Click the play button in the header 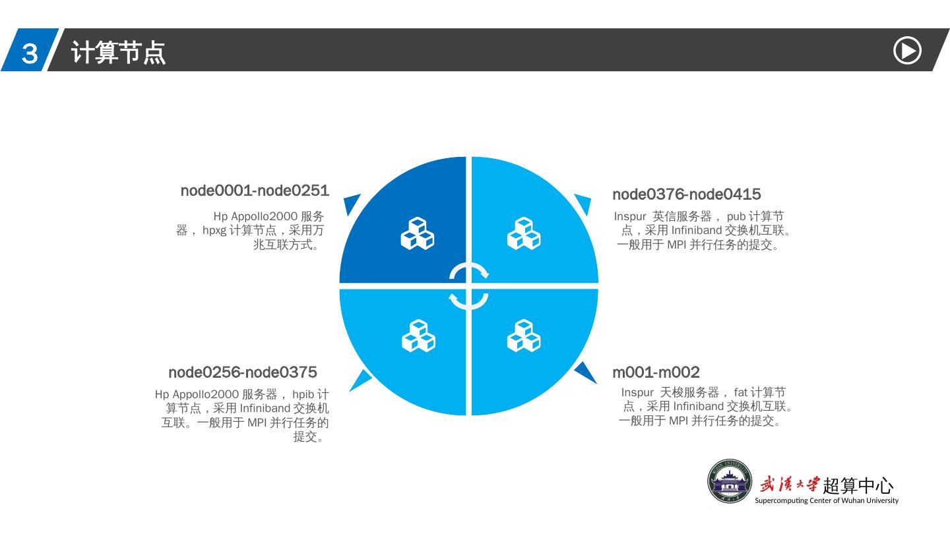point(907,51)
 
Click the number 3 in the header point(30,53)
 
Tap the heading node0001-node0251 point(255,191)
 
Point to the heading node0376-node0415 point(686,194)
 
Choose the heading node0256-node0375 point(242,372)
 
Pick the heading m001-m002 point(656,372)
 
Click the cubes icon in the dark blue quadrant point(418,233)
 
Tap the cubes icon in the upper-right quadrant point(523,233)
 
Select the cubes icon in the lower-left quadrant point(418,336)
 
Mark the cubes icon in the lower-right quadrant point(523,336)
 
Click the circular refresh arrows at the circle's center point(468,286)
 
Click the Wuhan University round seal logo point(730,481)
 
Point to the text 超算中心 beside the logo point(858,486)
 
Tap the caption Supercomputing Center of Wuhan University point(826,500)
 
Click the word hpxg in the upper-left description point(214,231)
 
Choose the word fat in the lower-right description point(740,392)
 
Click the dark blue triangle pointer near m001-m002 point(585,372)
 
